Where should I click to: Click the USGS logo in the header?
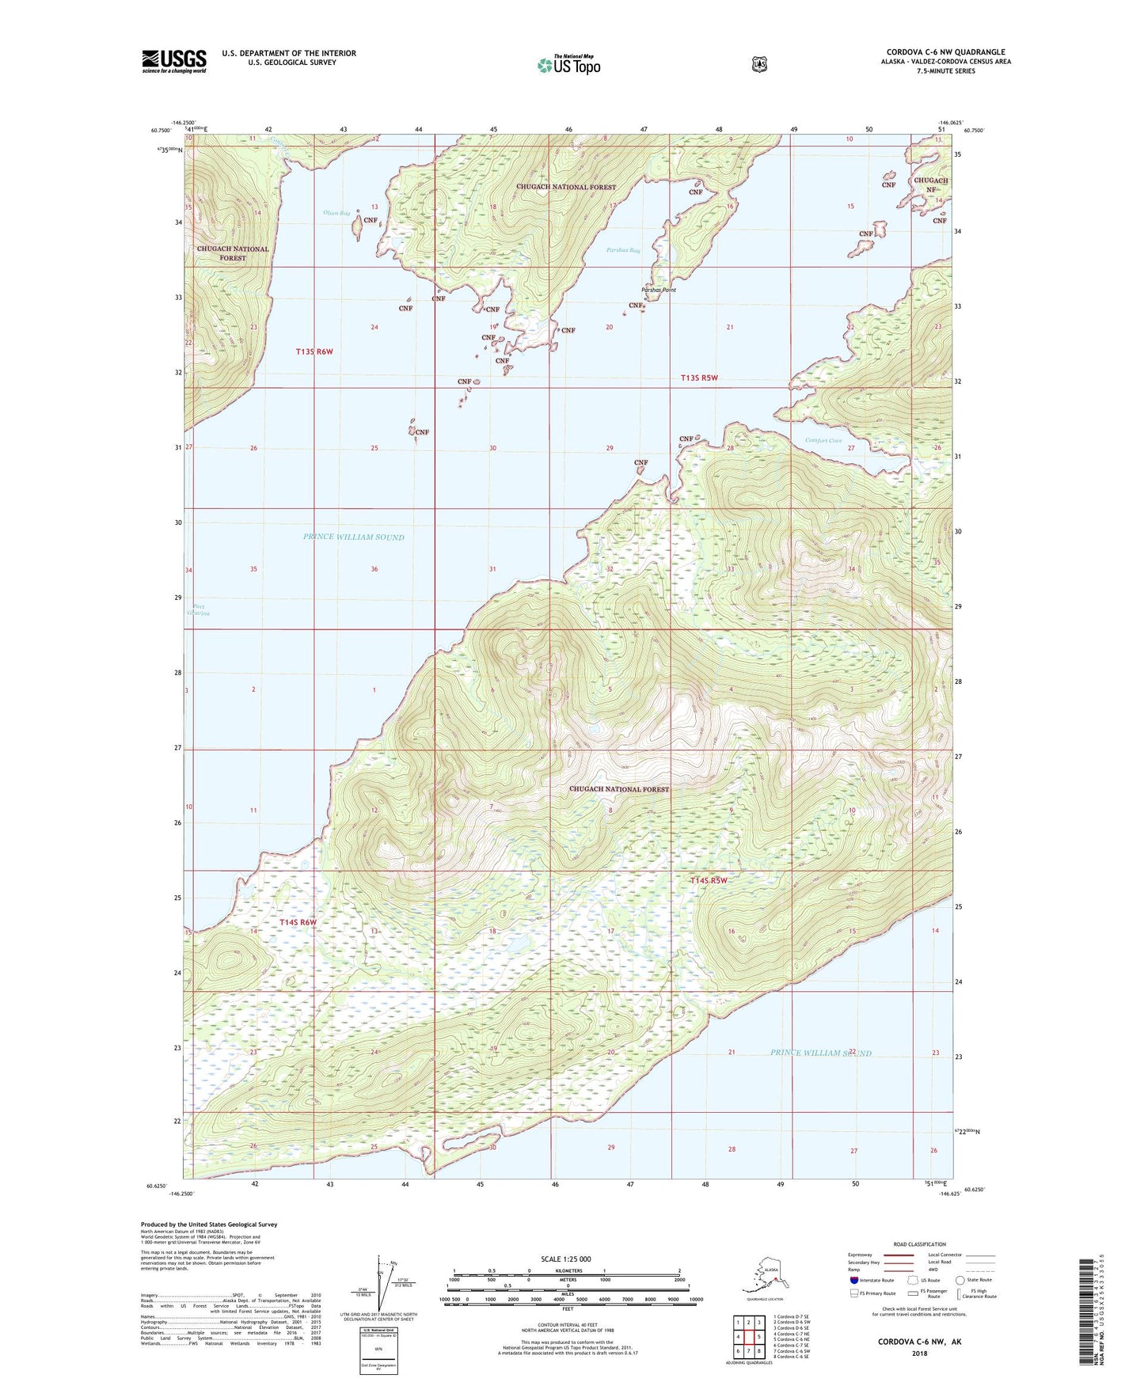coord(174,61)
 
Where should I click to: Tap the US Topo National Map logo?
coord(568,65)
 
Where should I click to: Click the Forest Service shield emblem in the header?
coord(759,64)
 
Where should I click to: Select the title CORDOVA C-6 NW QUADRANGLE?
coord(945,52)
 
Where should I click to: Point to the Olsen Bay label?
coord(336,213)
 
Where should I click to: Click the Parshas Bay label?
coord(623,250)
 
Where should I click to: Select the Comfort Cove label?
coord(823,440)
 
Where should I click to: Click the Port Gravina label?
coord(198,610)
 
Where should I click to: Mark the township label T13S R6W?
coord(314,351)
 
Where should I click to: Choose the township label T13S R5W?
coord(699,378)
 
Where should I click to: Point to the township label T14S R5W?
coord(708,880)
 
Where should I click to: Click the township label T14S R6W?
coord(298,922)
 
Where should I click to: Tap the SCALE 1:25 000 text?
coord(565,1259)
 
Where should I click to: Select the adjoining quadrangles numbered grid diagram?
coord(748,1335)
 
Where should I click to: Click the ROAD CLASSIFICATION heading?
coord(919,1244)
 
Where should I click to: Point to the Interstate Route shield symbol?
coord(853,1280)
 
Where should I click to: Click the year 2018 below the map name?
coord(918,1353)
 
